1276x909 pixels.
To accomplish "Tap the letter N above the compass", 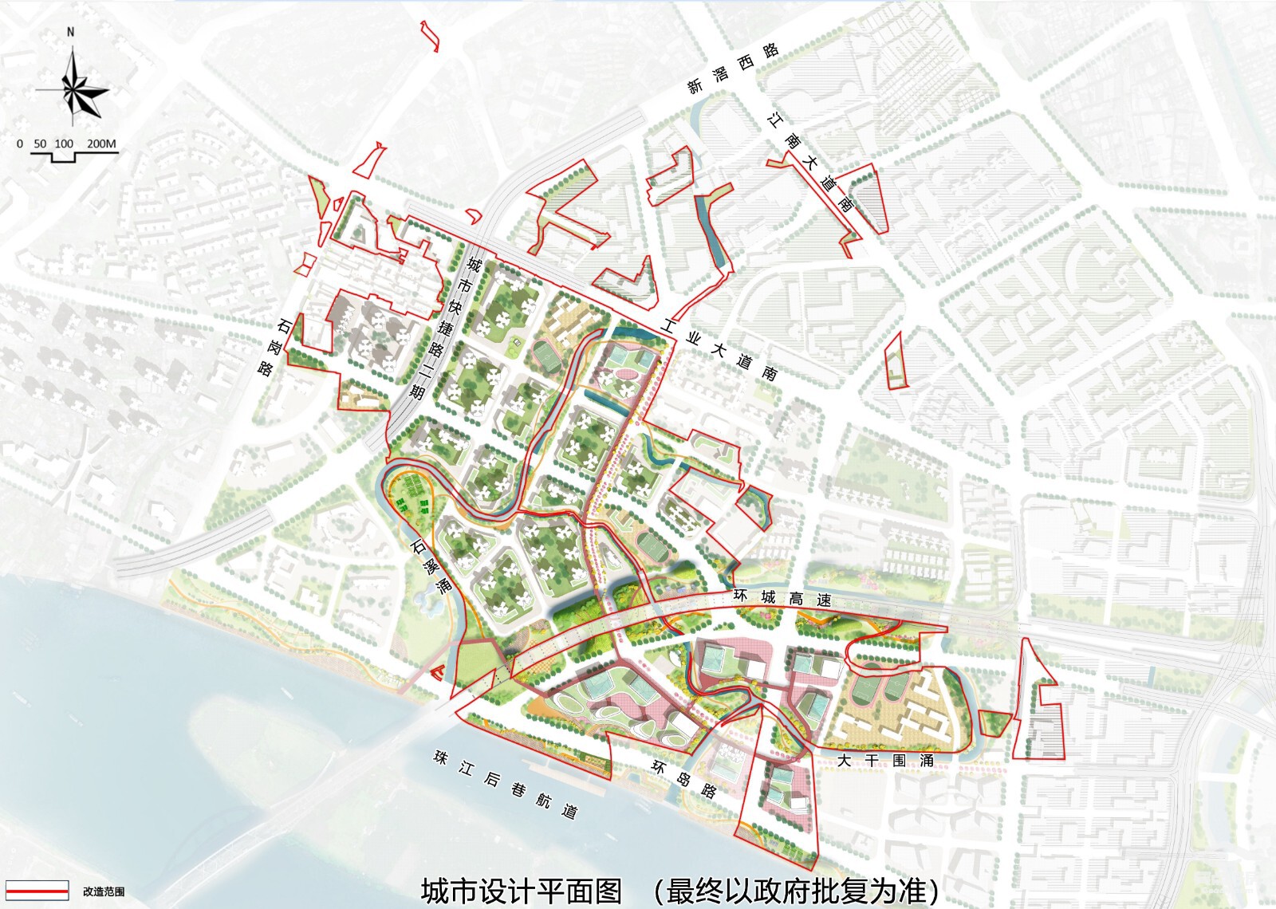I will click(71, 33).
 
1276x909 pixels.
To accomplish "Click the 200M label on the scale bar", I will click(101, 144).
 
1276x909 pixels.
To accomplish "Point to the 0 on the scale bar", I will click(20, 144).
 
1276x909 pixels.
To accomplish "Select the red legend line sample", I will click(37, 891).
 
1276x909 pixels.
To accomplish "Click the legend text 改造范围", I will click(104, 891).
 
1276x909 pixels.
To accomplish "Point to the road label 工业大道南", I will click(719, 349).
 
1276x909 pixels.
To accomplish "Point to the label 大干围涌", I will click(884, 761).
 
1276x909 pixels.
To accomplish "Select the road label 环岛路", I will click(684, 778).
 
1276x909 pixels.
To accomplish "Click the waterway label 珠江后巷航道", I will click(505, 785).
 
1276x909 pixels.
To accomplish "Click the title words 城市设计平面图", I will click(521, 891).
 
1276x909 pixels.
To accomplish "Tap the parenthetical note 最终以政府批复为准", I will click(797, 891).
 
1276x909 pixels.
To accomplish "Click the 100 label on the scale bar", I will click(64, 144).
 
